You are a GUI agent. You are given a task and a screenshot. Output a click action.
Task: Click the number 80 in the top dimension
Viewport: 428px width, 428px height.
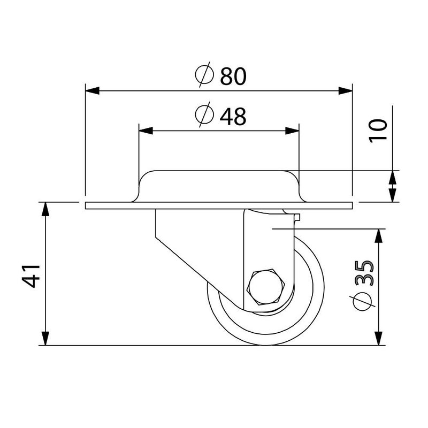click(232, 77)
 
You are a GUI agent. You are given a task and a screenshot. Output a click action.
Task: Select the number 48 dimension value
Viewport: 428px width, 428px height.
click(232, 116)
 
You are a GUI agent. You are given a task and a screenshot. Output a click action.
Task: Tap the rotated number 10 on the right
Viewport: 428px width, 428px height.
click(379, 130)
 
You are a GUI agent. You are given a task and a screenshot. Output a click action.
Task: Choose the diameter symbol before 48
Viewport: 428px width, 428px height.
click(204, 116)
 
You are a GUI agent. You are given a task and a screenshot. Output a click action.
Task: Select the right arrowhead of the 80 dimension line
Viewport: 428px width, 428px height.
click(346, 90)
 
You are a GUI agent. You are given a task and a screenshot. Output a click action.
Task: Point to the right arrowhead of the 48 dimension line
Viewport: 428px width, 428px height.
click(292, 130)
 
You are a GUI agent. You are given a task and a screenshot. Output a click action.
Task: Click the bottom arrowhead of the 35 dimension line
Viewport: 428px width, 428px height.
click(379, 339)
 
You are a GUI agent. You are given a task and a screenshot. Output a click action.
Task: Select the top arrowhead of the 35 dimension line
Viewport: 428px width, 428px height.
click(379, 236)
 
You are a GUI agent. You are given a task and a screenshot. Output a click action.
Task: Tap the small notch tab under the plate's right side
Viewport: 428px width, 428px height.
click(297, 216)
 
